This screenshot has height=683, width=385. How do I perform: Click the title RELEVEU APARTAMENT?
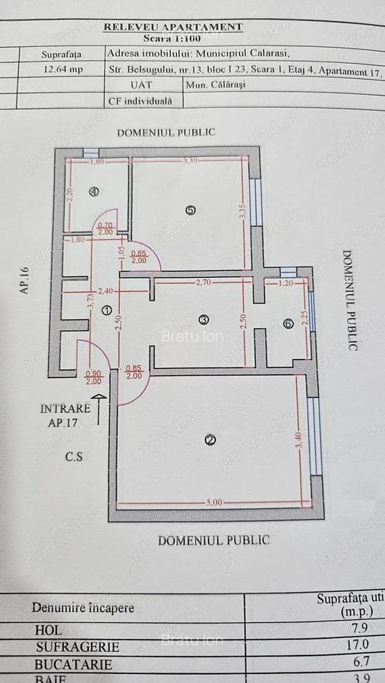[x=172, y=27]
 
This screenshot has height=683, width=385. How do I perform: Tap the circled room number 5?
[x=190, y=211]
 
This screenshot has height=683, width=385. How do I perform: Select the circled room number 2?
[x=210, y=439]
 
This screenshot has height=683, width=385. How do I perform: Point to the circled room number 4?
[x=94, y=192]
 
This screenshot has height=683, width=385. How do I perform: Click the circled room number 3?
[x=203, y=319]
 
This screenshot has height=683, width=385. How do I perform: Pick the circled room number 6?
[x=288, y=323]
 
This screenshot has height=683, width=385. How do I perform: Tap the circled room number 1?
[x=107, y=310]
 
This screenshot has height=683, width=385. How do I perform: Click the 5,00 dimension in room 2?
[x=214, y=502]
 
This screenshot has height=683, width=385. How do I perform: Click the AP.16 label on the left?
[x=25, y=279]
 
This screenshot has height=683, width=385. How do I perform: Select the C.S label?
[x=74, y=458]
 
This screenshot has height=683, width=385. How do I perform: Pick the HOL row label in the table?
[x=48, y=630]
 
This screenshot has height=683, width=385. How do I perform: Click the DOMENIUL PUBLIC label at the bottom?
[x=213, y=540]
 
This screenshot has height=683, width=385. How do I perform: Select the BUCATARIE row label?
[x=74, y=665]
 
